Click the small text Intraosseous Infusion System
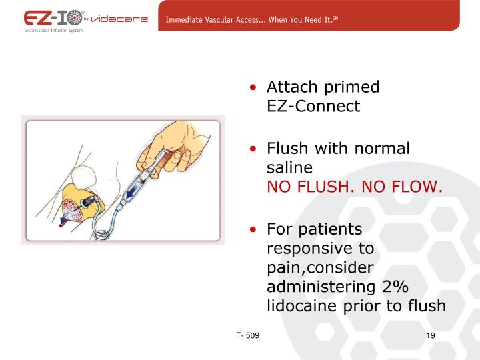click(53, 31)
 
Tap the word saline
click(289, 167)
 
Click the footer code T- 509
click(247, 335)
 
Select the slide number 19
click(430, 335)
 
